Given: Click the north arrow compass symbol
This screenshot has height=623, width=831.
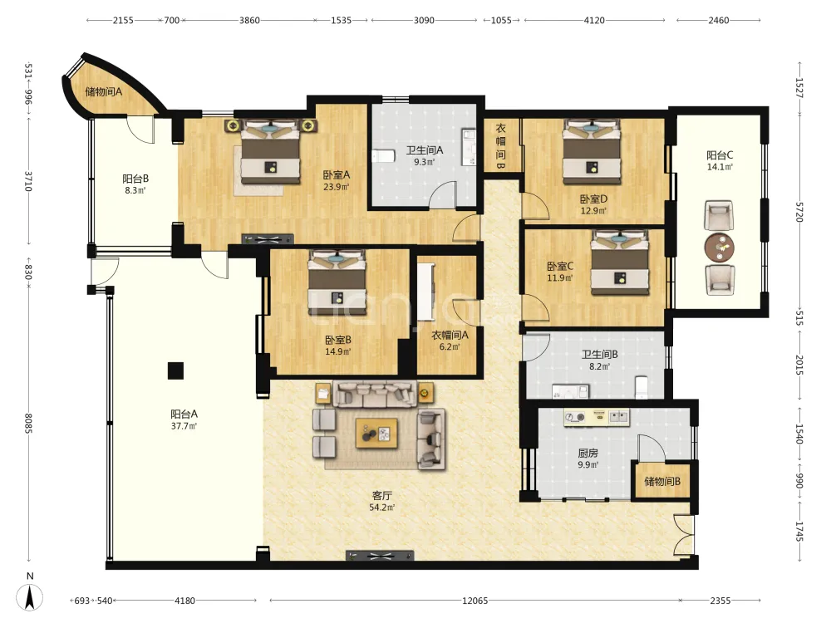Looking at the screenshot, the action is coord(30,596).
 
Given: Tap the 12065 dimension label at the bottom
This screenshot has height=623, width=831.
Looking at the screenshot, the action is coord(475,601).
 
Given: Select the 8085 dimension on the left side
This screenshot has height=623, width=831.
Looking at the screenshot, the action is coord(28,424).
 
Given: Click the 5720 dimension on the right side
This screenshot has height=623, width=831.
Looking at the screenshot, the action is coord(799,211).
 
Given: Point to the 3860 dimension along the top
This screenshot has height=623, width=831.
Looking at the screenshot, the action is coord(249,20).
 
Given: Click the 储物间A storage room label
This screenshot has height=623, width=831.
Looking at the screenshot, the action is coord(104,91).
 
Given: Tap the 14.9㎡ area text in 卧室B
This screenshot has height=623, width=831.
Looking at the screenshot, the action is coord(338,351).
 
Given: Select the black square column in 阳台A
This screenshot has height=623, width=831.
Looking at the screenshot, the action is coord(175,370).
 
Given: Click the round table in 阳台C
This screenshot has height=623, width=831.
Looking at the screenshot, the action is coord(719,247).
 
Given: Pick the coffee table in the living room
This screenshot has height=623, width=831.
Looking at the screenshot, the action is coord(376,433).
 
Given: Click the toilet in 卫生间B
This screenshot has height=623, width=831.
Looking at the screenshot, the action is coord(642,387).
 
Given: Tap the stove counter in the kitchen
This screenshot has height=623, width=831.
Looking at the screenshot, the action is coord(597,417).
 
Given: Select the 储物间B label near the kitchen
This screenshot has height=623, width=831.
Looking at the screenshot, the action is coord(662,482).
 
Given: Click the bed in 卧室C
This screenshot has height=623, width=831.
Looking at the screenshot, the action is coord(620,262).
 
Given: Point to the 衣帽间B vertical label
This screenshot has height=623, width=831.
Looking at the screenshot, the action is coord(500,147).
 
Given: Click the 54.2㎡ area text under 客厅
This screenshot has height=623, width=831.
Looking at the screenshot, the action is coord(382,508).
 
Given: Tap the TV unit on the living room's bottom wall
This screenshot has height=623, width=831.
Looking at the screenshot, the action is coord(380,556).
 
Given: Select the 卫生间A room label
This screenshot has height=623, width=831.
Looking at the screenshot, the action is coord(425,150).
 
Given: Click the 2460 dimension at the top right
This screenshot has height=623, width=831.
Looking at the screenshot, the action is coord(719,20).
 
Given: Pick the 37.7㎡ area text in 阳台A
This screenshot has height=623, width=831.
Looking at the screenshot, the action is coord(184,426).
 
